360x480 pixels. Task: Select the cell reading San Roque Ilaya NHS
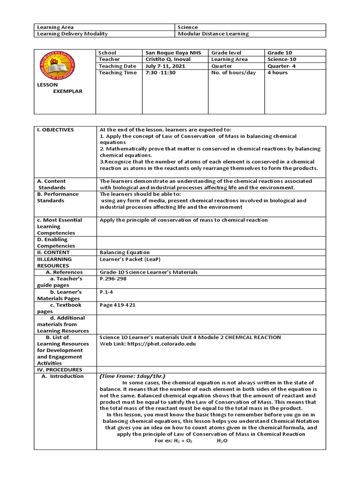172,53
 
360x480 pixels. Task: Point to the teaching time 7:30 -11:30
161,73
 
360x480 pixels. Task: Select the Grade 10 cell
279,53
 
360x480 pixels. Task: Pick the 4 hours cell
277,73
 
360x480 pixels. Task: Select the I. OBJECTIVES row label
55,129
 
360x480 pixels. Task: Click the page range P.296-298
113,278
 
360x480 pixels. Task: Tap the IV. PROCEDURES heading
58,369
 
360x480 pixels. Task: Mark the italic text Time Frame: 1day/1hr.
133,376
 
